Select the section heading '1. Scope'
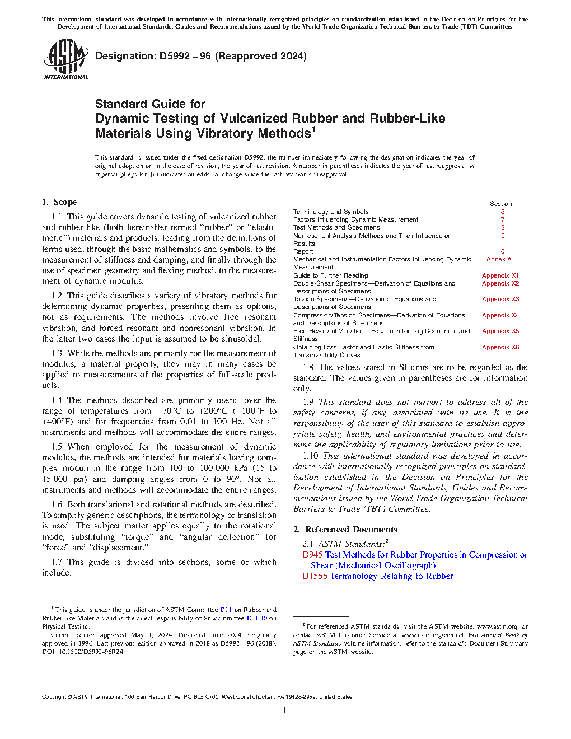pos(59,202)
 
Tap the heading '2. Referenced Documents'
pos(345,530)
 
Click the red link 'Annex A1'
pos(500,260)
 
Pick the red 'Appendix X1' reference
pos(500,275)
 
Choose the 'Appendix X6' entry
pos(500,347)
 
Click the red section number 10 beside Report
pos(501,252)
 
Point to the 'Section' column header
pos(500,204)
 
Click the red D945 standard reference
pos(312,555)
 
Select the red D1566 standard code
pos(315,576)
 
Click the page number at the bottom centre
pos(285,710)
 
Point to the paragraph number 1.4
pos(57,400)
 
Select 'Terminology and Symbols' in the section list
pos(331,212)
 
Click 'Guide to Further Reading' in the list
pos(330,275)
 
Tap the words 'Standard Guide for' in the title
pos(150,104)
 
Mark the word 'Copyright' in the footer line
pos(54,697)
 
